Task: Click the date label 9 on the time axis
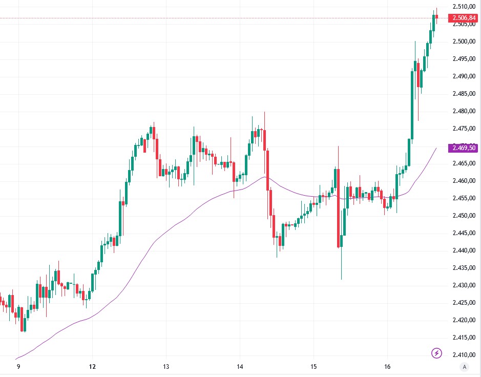pos(18,367)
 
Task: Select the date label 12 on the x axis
pos(92,367)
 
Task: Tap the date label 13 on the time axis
pos(166,367)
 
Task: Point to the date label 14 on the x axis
pos(240,367)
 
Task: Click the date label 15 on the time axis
pos(313,367)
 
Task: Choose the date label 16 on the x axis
pos(387,367)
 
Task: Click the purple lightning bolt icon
pos(436,353)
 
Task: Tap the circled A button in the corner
pos(465,367)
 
